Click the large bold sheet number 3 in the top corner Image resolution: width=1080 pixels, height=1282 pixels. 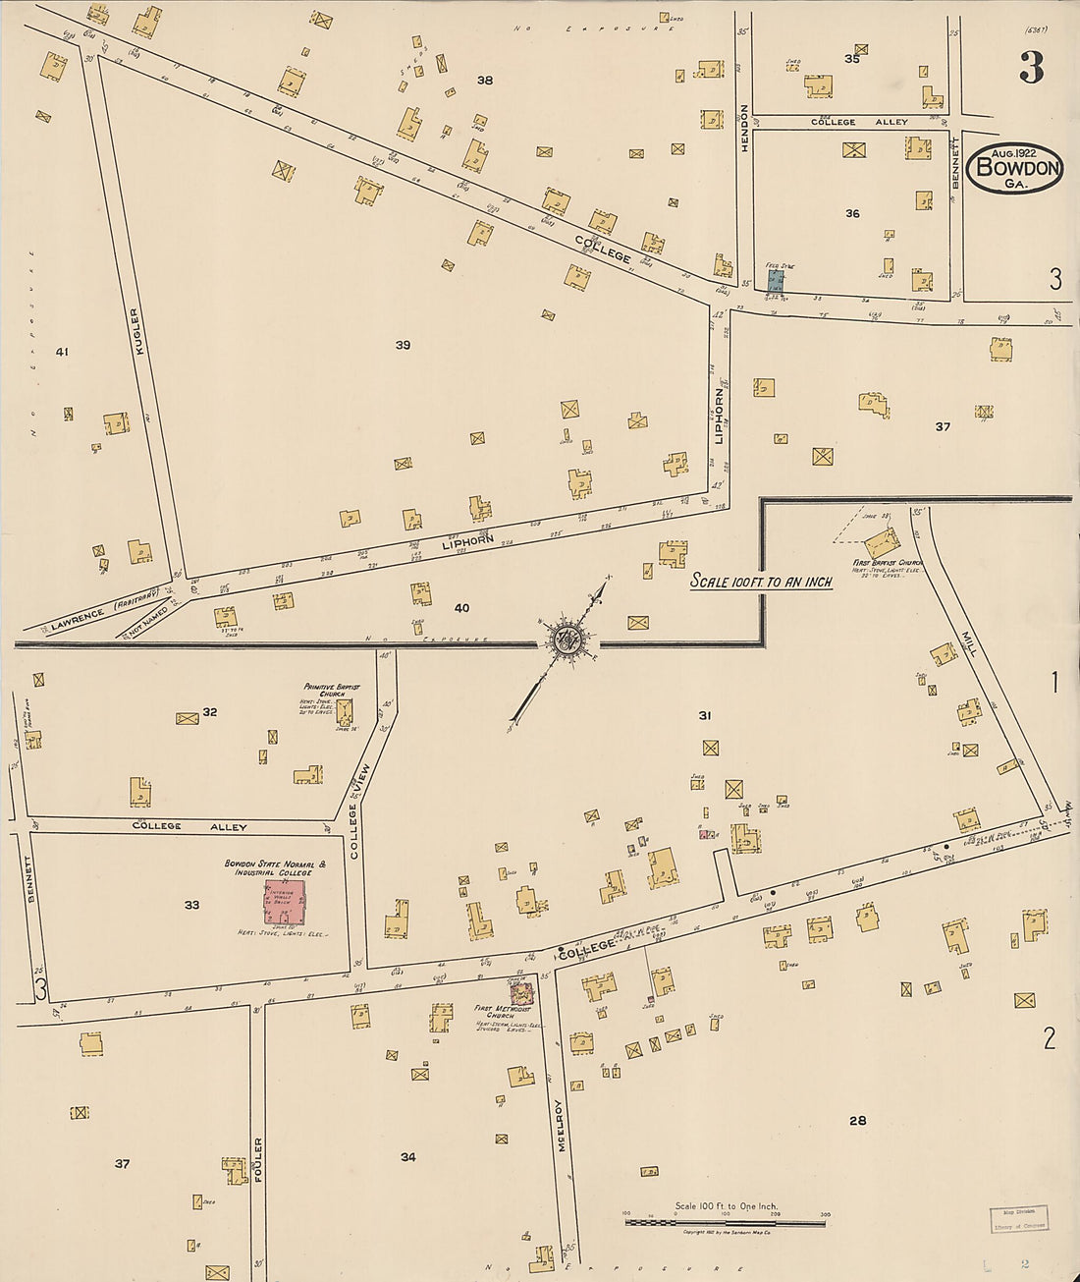[1031, 67]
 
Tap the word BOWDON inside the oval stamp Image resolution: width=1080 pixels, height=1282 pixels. [1015, 168]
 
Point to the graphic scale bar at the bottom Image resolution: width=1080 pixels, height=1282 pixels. [726, 1222]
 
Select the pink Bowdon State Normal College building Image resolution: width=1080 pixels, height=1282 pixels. [284, 902]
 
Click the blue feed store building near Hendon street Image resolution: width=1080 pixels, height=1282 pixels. [776, 280]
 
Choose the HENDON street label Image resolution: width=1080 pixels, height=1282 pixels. [744, 127]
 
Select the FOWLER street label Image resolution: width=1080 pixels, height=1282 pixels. [258, 1161]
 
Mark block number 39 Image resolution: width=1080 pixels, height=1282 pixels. [403, 345]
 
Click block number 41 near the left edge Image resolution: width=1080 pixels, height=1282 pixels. [63, 352]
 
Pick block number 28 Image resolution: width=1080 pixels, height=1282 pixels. [857, 1120]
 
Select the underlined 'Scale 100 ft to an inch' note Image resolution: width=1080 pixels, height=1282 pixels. [761, 581]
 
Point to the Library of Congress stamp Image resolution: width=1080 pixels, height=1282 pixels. [1017, 1219]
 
